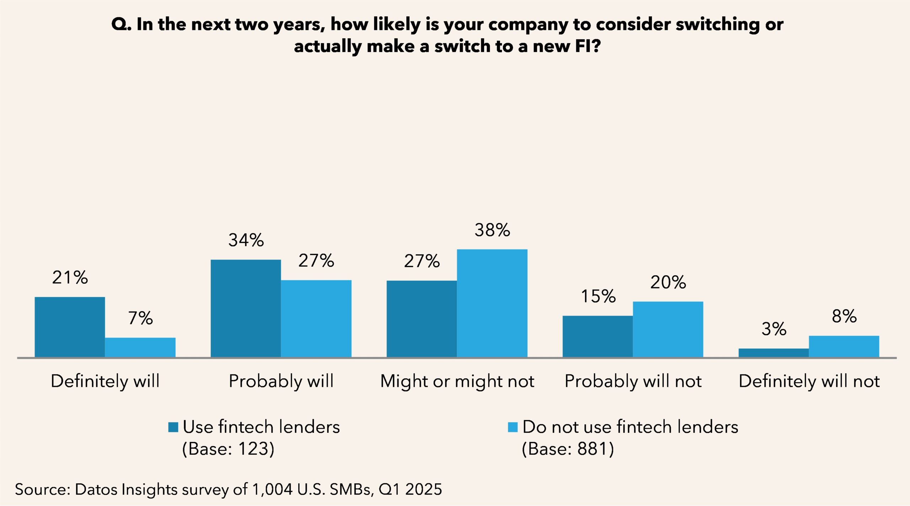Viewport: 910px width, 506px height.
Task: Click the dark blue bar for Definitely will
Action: click(70, 327)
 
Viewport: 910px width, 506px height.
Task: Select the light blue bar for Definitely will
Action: click(140, 347)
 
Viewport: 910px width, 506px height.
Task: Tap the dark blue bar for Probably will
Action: click(246, 308)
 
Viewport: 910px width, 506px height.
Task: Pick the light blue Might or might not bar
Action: click(492, 303)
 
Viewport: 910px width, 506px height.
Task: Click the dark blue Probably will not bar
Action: click(597, 336)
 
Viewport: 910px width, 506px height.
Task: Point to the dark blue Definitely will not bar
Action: click(773, 353)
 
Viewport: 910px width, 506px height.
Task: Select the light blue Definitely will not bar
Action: click(844, 346)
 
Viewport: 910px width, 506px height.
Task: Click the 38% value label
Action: click(492, 230)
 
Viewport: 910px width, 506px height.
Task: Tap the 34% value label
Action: click(246, 240)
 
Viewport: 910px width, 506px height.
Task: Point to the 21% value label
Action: click(70, 277)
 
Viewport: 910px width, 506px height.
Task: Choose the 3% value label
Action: click(773, 329)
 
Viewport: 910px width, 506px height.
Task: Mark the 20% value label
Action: click(668, 282)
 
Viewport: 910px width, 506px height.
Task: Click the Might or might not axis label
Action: click(457, 381)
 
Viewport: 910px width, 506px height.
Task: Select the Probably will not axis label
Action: click(633, 381)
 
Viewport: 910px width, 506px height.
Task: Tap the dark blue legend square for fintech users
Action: click(173, 427)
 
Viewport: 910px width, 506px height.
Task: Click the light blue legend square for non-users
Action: click(513, 427)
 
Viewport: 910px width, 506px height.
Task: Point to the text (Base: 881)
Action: click(568, 449)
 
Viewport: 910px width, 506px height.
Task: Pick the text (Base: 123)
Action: click(228, 449)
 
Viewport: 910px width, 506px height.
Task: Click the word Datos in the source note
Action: click(96, 489)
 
